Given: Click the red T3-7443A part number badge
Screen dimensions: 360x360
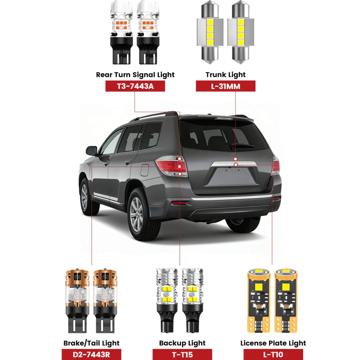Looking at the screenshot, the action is pyautogui.click(x=135, y=86).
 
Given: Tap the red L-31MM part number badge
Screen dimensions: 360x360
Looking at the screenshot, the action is pyautogui.click(x=225, y=86).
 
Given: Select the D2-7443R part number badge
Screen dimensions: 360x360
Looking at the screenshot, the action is pyautogui.click(x=91, y=354).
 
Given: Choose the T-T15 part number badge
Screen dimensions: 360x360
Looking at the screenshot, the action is pyautogui.click(x=182, y=354).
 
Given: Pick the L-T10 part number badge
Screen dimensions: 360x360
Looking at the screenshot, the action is pyautogui.click(x=273, y=354).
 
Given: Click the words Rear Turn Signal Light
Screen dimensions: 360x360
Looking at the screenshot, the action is pyautogui.click(x=135, y=75).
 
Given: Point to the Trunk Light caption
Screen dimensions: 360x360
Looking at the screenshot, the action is pyautogui.click(x=225, y=75).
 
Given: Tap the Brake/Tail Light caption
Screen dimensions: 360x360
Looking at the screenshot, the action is pyautogui.click(x=91, y=343).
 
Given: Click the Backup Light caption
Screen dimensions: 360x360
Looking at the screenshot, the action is pyautogui.click(x=182, y=343).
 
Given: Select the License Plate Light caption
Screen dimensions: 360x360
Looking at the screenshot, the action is pyautogui.click(x=273, y=343).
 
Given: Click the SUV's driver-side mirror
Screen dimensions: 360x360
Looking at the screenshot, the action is pyautogui.click(x=91, y=151).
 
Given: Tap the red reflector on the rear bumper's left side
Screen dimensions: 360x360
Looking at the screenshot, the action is pyautogui.click(x=179, y=203).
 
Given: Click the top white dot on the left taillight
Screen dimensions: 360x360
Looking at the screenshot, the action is pyautogui.click(x=179, y=159).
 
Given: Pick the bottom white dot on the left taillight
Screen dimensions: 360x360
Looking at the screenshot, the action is pyautogui.click(x=180, y=174).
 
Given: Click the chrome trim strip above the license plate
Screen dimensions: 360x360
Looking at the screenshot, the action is pyautogui.click(x=234, y=164).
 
